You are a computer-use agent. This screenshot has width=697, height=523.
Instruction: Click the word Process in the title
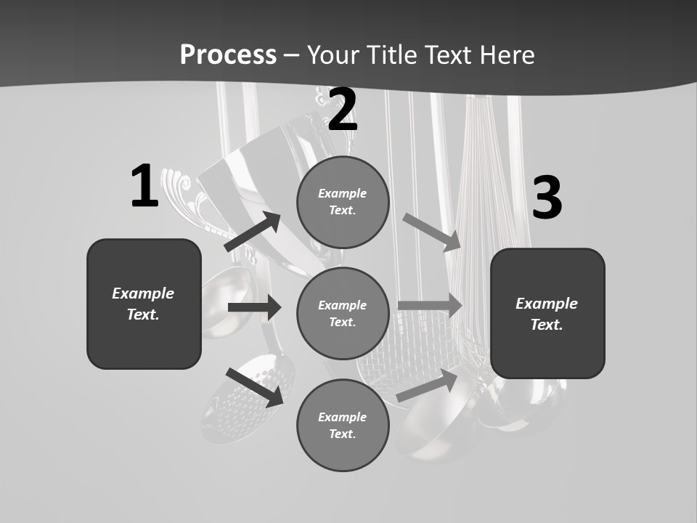pos(228,54)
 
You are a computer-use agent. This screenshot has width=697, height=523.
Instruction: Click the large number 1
pos(144,186)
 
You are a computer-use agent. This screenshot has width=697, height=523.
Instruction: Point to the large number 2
pos(343,110)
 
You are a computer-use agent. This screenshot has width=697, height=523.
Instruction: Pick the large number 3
pos(547,198)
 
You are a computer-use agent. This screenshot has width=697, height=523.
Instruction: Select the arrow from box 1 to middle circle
pos(254,307)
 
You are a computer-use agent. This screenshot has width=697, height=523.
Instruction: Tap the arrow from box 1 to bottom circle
pos(254,386)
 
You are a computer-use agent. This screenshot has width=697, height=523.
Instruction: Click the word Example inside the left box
pos(143,293)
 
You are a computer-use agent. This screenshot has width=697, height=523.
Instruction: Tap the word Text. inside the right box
pos(547,325)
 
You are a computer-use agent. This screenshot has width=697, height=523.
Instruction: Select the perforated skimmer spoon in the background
pos(240,403)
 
